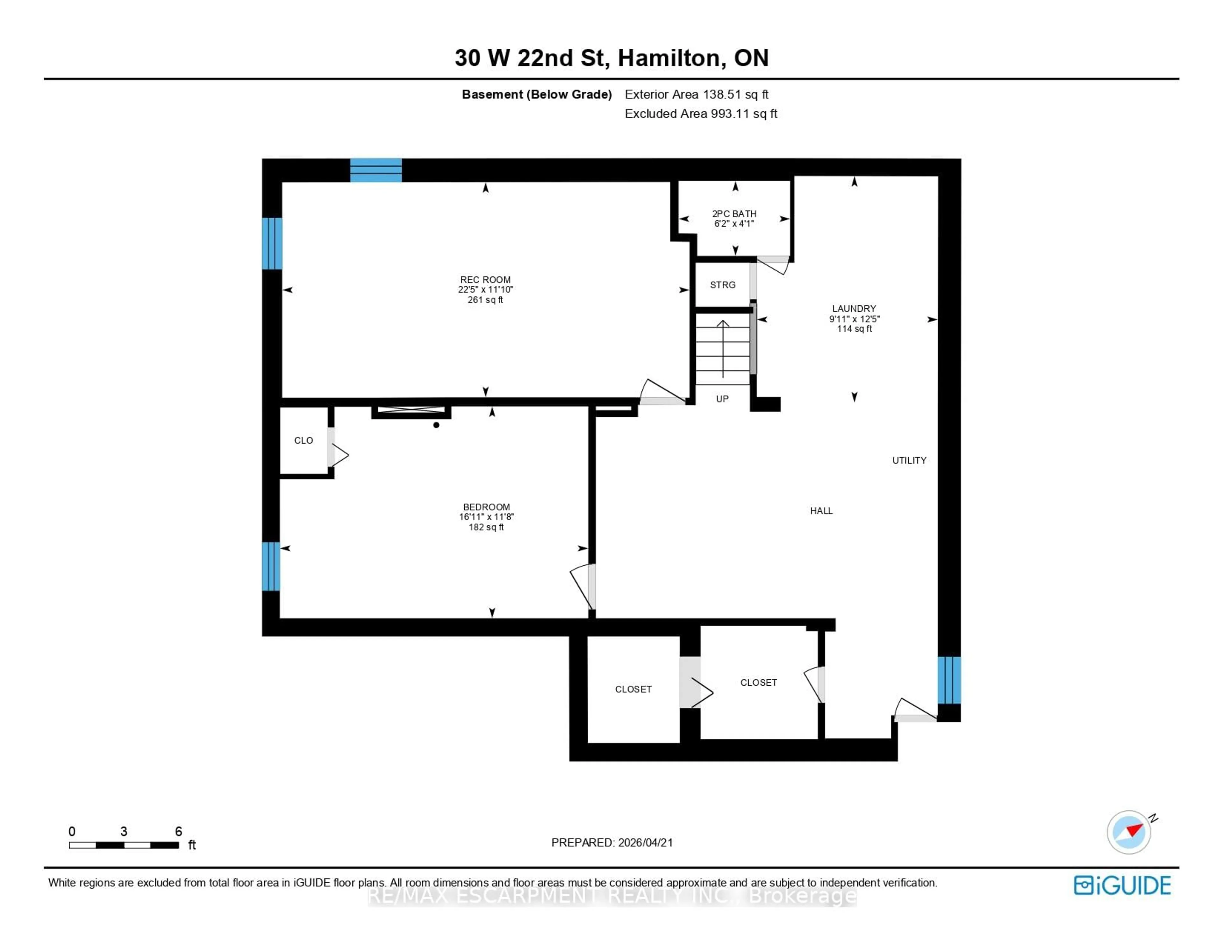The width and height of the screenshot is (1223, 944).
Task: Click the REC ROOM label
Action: point(485,280)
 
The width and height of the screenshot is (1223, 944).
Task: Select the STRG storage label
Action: point(722,285)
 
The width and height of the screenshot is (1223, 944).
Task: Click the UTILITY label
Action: point(909,460)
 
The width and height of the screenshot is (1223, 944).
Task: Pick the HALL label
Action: point(821,511)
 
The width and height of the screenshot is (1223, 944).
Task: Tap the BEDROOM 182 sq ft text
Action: point(486,527)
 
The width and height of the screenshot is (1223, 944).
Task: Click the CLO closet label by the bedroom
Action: point(304,440)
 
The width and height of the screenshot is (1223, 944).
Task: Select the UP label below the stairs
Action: point(722,399)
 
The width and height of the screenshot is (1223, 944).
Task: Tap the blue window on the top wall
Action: point(376,170)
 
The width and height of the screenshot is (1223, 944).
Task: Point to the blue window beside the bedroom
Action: point(271,566)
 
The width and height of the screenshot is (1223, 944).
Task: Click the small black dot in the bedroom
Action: point(436,425)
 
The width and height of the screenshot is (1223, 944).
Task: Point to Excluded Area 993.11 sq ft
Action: point(701,114)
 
